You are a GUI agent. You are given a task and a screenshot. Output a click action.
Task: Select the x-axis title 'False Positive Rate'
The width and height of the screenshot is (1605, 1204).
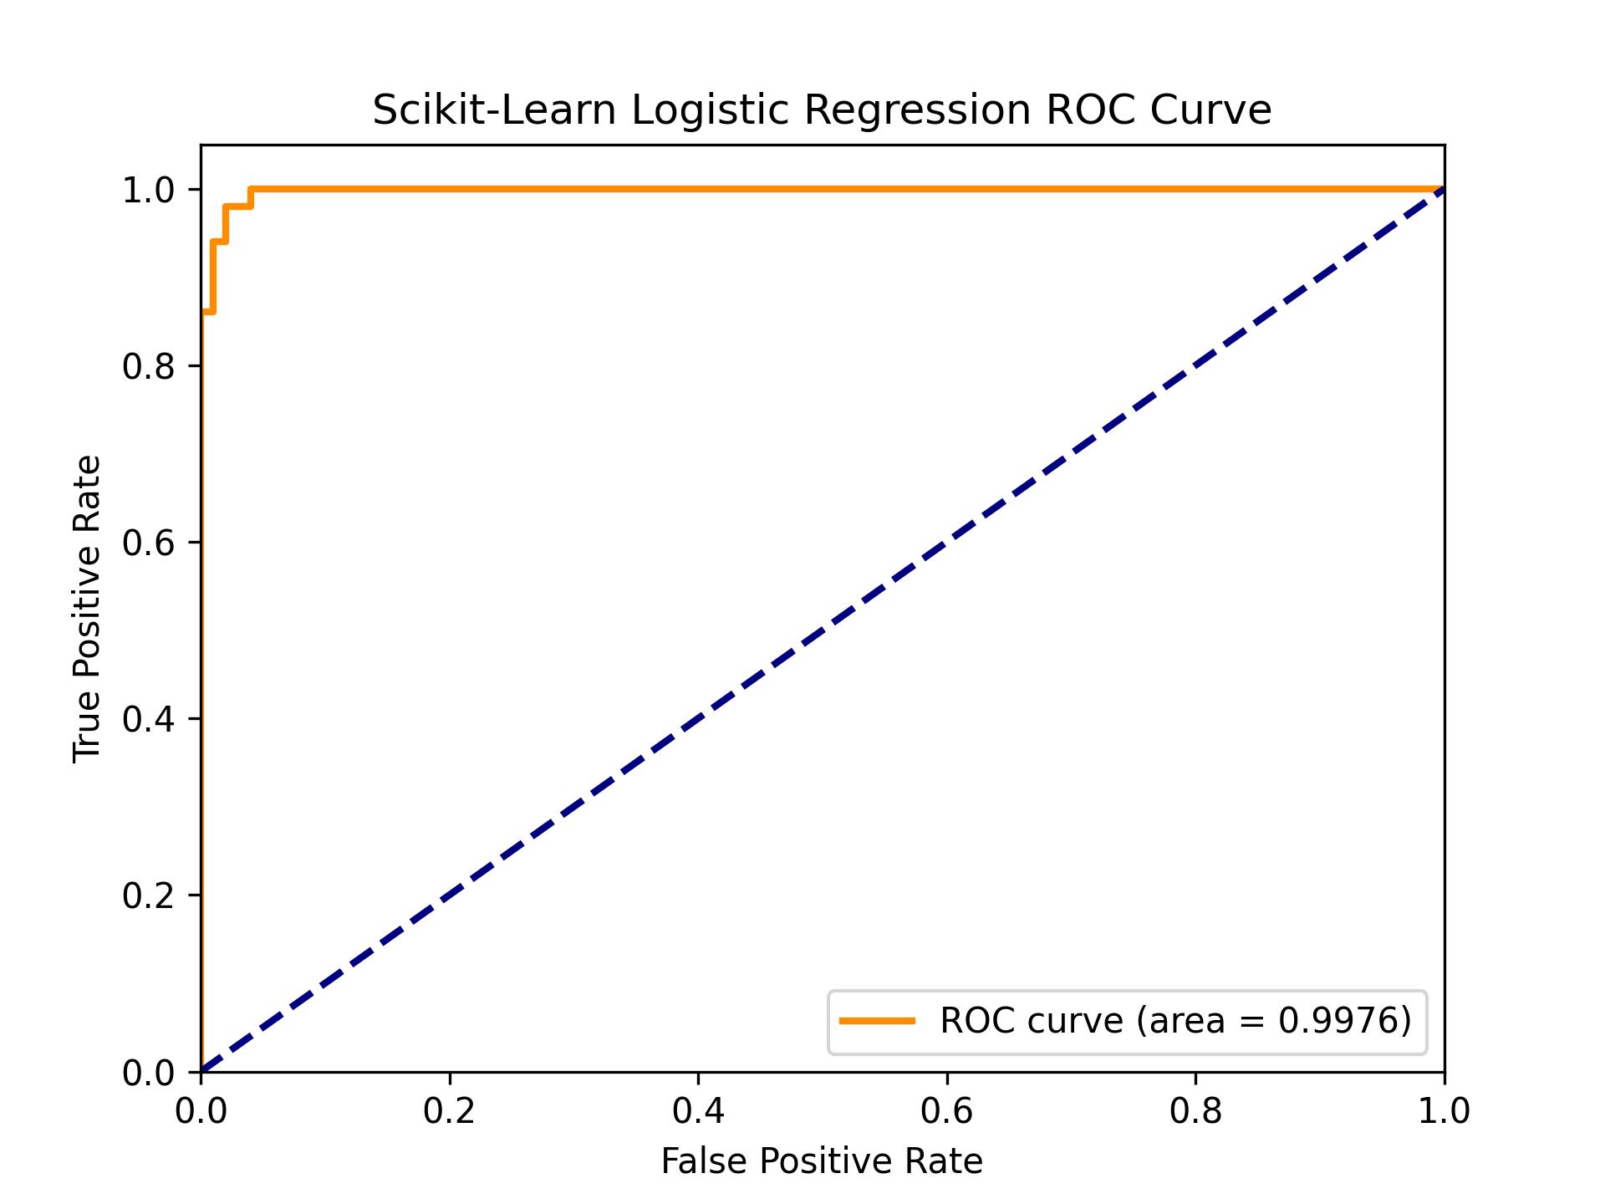tap(822, 1161)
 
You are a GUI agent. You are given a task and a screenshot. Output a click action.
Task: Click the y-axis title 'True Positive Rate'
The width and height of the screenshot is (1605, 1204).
tap(87, 609)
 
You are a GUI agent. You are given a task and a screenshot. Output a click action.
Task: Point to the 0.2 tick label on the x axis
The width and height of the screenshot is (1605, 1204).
tap(449, 1111)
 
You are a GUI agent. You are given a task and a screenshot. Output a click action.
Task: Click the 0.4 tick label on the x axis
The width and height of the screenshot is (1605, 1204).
tap(698, 1111)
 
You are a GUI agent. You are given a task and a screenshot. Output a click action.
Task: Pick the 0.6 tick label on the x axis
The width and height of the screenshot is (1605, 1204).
tap(946, 1111)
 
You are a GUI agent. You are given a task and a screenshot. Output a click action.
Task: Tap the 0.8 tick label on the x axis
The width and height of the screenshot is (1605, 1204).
tap(1195, 1111)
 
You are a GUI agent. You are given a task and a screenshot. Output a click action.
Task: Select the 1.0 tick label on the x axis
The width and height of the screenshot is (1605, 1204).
tap(1444, 1111)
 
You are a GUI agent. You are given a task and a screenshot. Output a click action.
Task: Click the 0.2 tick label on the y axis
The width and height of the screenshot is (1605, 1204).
tap(148, 895)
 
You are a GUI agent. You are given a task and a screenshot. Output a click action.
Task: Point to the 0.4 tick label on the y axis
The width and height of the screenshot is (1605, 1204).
tap(148, 719)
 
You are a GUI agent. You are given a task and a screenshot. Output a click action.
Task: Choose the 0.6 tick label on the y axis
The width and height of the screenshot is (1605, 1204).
tap(148, 543)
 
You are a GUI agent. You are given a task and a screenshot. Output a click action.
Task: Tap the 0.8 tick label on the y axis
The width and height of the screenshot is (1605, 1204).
tap(148, 366)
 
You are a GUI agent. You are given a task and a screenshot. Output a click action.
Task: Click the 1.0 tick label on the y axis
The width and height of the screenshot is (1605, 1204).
tap(148, 190)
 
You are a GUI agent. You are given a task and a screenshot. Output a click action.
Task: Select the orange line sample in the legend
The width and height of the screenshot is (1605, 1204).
tap(877, 1021)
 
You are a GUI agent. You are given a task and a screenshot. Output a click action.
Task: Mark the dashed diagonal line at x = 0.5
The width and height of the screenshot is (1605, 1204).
tap(823, 630)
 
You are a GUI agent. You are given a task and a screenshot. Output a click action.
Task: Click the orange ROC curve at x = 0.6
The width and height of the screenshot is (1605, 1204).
tap(947, 189)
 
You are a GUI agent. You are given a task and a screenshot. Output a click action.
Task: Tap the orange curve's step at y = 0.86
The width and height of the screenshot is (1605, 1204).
tap(208, 312)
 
